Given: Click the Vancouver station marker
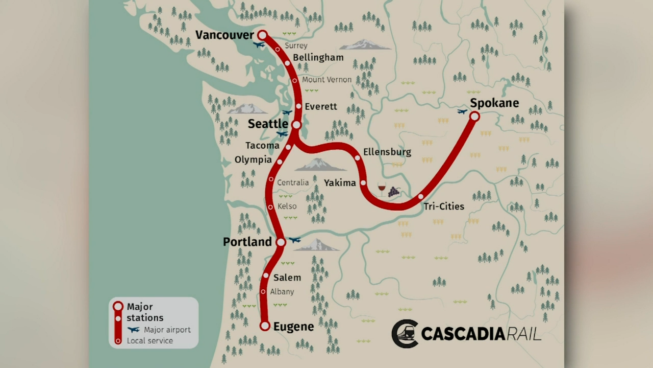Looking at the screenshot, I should click(262, 35).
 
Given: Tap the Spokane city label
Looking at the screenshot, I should click(494, 103).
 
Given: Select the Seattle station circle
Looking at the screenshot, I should click(296, 125).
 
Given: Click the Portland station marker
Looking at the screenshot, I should click(281, 242).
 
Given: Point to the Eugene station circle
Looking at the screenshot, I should click(265, 326).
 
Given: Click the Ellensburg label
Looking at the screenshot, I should click(387, 152).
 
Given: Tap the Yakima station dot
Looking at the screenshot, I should click(363, 182).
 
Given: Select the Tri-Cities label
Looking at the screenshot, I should click(444, 206).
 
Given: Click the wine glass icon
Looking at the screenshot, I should click(382, 189).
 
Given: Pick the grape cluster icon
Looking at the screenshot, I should click(393, 192).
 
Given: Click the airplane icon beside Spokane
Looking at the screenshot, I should click(462, 111).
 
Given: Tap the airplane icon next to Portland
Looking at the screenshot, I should click(294, 240).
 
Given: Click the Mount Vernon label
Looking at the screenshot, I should click(326, 80).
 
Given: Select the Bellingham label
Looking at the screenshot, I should click(318, 58).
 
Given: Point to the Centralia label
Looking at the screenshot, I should click(293, 182).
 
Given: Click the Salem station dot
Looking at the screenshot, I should click(266, 275).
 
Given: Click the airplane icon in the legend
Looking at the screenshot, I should click(134, 330).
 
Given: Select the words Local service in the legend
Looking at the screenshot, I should click(150, 340).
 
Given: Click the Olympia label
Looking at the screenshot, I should click(253, 159).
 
